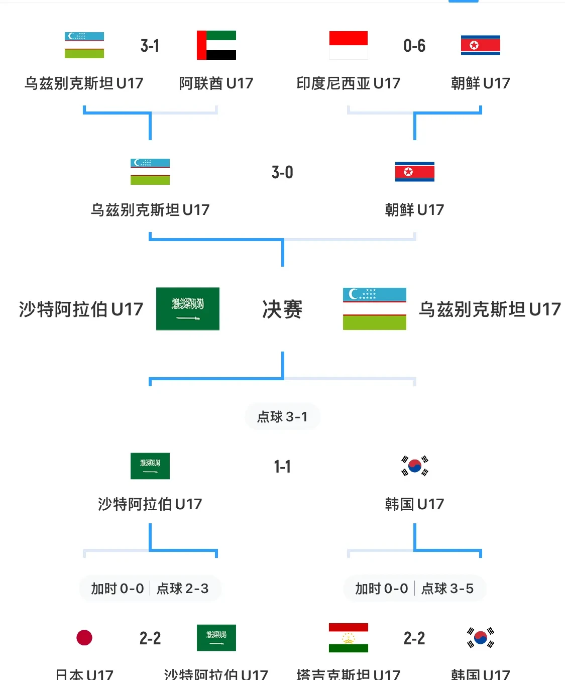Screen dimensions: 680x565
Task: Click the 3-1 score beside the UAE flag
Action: click(150, 46)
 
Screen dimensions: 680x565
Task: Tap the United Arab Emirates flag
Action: click(216, 45)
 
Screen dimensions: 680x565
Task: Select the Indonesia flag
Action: click(348, 45)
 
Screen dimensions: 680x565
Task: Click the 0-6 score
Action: click(414, 46)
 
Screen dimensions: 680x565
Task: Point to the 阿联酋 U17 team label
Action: click(216, 83)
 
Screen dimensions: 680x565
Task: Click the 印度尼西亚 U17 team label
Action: click(348, 83)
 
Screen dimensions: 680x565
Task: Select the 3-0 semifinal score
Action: click(282, 172)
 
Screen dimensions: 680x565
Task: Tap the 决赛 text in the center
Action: click(282, 309)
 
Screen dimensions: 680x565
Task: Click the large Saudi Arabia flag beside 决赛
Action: click(188, 309)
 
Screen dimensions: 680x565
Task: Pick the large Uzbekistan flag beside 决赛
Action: click(375, 309)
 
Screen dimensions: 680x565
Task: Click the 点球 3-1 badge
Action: click(282, 416)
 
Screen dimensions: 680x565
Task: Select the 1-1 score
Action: click(282, 467)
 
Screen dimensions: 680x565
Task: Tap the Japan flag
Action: click(84, 638)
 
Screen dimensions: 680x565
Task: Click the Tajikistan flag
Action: click(348, 638)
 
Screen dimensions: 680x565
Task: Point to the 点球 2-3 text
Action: click(182, 589)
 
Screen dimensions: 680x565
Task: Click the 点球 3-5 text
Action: click(447, 589)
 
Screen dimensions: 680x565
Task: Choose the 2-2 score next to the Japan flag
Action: click(150, 638)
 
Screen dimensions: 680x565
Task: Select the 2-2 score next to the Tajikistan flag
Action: click(414, 638)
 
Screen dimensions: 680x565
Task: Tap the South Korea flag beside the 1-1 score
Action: click(414, 466)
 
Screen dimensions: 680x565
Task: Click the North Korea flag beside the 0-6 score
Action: click(480, 45)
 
